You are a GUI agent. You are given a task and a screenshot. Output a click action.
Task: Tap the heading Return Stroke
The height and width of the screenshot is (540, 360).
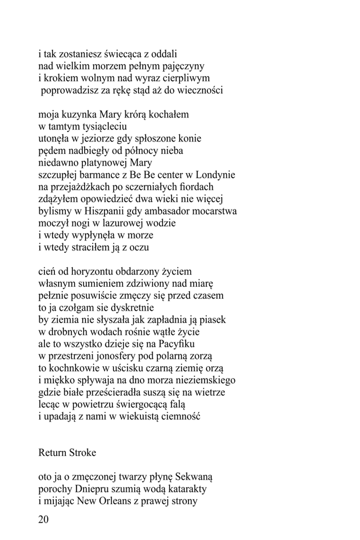[x=67, y=453]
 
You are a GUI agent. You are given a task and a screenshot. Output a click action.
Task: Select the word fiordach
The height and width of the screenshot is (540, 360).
[x=196, y=186]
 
